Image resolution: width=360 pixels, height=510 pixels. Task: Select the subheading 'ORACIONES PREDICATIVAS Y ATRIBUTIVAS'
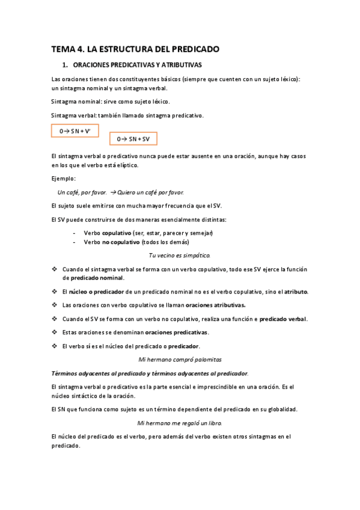[136, 64]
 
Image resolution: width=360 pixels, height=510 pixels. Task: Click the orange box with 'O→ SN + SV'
[133, 139]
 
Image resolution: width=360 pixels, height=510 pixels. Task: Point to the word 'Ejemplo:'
[63, 179]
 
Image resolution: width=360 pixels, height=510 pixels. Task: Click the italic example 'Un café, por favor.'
[82, 192]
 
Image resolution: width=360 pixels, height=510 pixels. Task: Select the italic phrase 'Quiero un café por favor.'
[151, 192]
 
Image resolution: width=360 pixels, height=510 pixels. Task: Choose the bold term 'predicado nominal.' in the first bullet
[93, 278]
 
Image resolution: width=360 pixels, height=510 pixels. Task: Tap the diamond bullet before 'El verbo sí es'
[55, 346]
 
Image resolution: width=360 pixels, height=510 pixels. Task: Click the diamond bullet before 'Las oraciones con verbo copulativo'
[55, 305]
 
